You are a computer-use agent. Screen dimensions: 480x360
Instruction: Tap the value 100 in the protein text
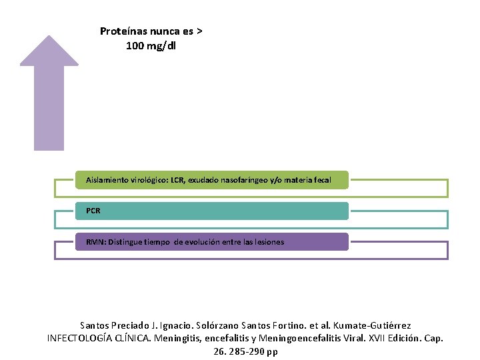(x=135, y=46)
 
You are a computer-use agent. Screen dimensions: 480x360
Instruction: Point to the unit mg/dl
(x=163, y=46)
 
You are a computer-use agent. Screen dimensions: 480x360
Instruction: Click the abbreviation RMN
(x=95, y=242)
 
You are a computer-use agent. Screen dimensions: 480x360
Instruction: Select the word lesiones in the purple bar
(x=268, y=242)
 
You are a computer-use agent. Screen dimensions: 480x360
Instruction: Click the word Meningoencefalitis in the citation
(x=295, y=339)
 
